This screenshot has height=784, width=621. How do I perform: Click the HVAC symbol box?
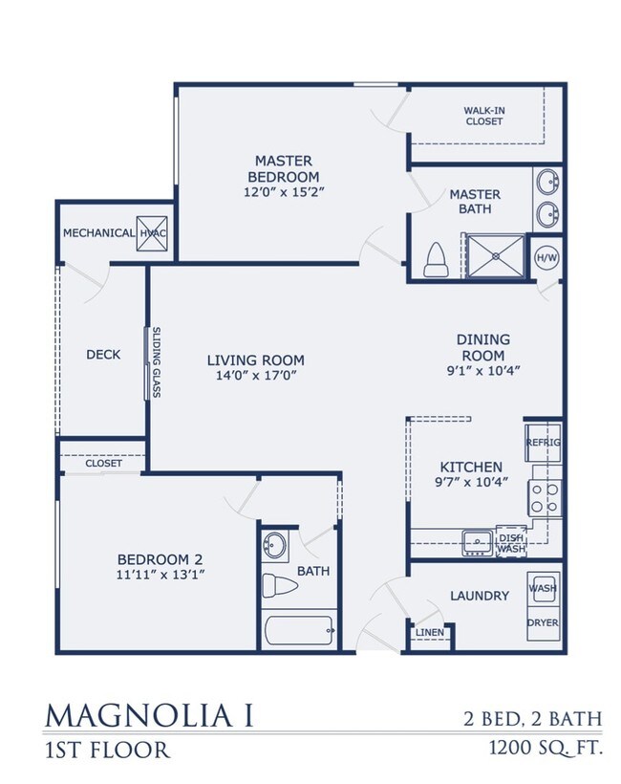(x=152, y=232)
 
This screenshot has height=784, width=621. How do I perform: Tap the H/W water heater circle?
(x=546, y=257)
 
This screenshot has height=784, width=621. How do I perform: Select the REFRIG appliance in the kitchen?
(x=543, y=443)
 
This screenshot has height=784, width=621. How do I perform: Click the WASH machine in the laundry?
(x=543, y=588)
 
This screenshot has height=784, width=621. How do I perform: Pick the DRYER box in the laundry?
(x=543, y=622)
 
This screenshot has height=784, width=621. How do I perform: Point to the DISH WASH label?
(x=511, y=543)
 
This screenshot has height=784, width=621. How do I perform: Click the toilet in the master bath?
(x=436, y=257)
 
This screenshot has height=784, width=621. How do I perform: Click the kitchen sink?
(x=477, y=542)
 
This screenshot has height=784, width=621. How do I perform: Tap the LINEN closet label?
(x=428, y=633)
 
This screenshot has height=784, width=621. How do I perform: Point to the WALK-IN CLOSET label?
(x=484, y=116)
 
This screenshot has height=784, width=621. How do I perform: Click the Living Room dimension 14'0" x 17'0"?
(x=255, y=376)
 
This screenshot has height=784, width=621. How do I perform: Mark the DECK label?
(x=103, y=354)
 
